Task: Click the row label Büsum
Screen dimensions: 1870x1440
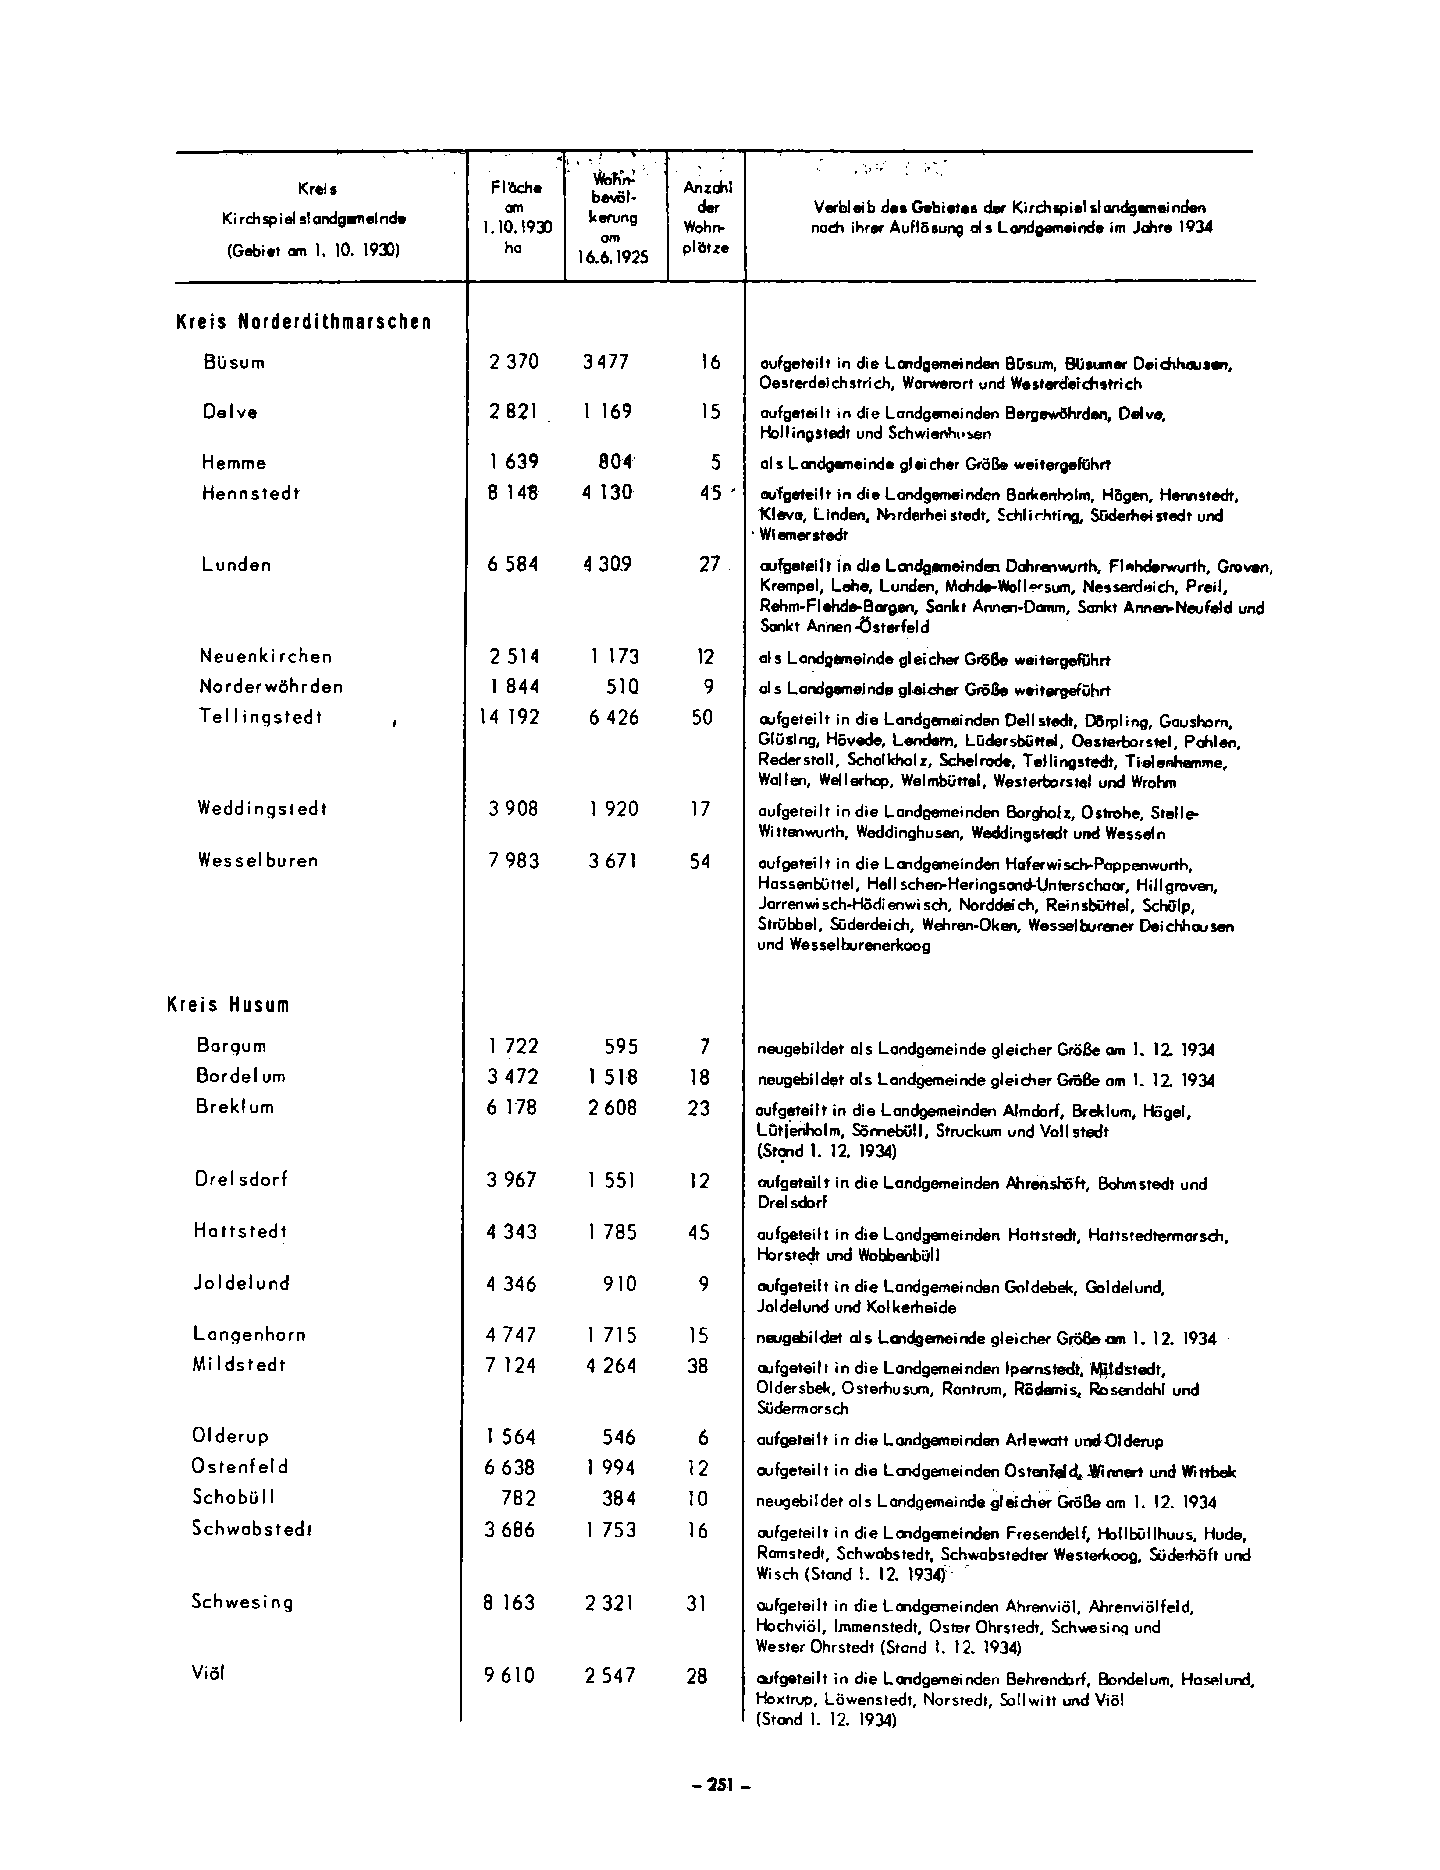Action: (x=234, y=362)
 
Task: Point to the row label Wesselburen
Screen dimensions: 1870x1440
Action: (x=257, y=860)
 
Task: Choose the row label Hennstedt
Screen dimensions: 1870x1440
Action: (x=251, y=493)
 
